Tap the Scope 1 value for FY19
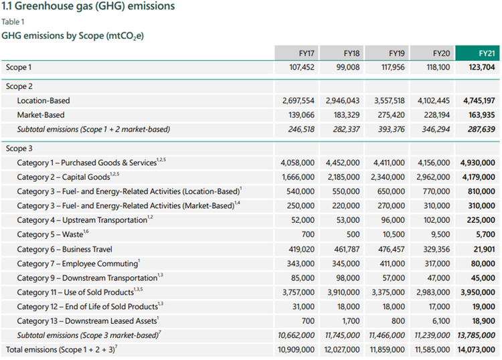point(388,67)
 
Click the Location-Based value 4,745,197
point(477,100)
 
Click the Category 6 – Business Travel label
point(64,249)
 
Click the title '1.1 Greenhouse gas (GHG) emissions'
point(88,7)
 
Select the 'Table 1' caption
point(13,21)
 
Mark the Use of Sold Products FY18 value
point(343,292)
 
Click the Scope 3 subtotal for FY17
point(298,335)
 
